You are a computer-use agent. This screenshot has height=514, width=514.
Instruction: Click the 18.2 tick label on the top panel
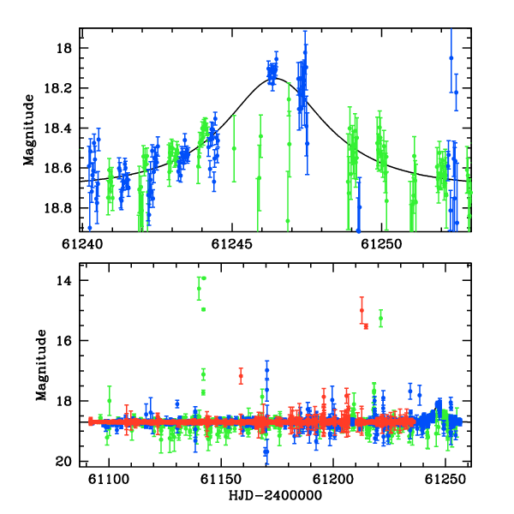point(57,88)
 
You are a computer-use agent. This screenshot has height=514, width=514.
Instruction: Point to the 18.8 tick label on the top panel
point(57,208)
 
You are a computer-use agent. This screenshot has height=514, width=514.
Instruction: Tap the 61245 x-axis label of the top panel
point(232,244)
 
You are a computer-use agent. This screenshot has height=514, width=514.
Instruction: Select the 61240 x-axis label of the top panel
point(82,244)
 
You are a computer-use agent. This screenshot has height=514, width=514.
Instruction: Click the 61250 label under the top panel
point(381,244)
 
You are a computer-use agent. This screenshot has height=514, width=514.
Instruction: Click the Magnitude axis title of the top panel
point(29,130)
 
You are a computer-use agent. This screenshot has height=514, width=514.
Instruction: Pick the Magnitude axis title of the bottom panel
point(41,365)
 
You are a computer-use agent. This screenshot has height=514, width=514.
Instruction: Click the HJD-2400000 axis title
point(275,495)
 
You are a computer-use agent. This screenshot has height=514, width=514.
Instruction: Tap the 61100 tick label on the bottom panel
point(109,480)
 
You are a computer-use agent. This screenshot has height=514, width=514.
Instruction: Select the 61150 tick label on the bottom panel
point(221,480)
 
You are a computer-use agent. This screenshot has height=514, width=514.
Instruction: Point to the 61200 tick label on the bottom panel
point(333,480)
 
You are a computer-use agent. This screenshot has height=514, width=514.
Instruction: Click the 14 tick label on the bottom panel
point(64,281)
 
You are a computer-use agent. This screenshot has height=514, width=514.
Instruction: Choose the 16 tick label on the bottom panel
point(64,341)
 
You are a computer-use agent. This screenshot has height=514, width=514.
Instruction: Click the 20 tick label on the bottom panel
point(64,462)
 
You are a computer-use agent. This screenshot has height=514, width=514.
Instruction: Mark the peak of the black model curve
point(275,78)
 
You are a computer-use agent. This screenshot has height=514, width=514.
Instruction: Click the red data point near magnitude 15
point(362,310)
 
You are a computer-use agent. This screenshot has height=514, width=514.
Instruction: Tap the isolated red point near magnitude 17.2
point(241,376)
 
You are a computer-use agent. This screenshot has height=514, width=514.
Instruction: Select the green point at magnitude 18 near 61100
point(110,401)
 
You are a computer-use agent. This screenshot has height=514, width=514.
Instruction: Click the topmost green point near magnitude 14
point(204,278)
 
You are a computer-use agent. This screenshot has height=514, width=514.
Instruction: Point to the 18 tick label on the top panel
point(64,48)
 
